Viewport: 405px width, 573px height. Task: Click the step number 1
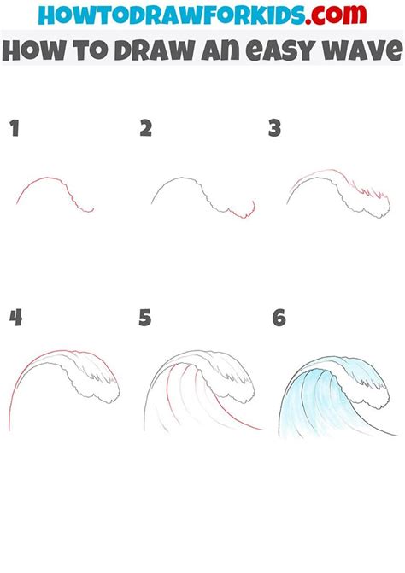[x=14, y=129]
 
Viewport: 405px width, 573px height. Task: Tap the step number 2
[x=146, y=129]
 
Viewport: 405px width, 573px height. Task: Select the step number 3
[x=275, y=129]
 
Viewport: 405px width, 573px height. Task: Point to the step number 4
[x=15, y=319]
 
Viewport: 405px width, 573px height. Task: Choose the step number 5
[x=146, y=319]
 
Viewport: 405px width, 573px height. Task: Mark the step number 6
[x=278, y=319]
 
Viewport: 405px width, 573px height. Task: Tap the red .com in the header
[x=339, y=16]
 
